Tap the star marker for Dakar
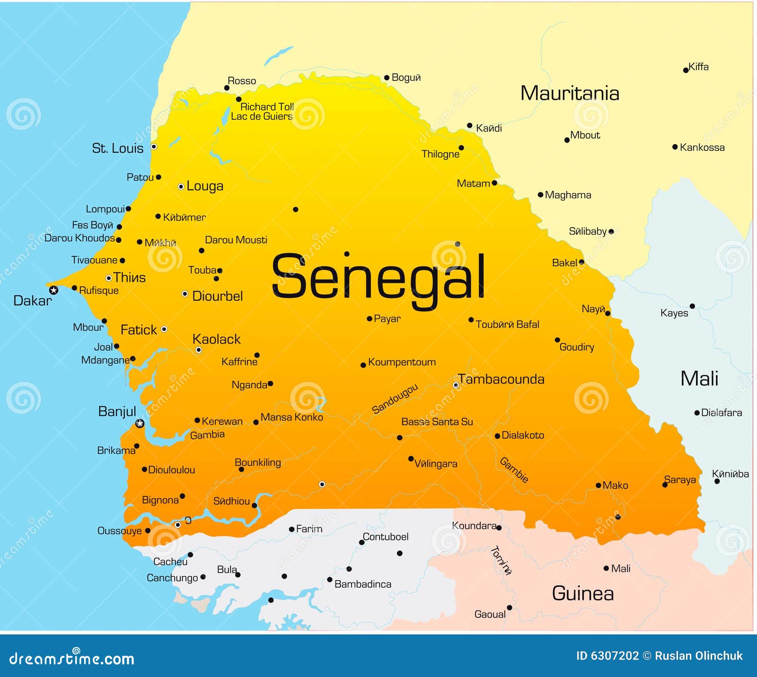click(54, 290)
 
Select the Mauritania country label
click(570, 93)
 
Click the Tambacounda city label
click(501, 379)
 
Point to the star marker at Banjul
click(140, 423)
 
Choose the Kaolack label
click(216, 339)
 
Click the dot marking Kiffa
click(686, 70)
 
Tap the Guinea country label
click(582, 593)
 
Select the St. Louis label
click(117, 148)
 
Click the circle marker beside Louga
click(181, 187)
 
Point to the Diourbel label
click(217, 296)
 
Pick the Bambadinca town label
click(362, 584)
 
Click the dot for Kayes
click(692, 306)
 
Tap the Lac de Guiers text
click(262, 116)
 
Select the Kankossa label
click(702, 148)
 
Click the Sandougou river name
click(395, 399)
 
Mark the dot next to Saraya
click(665, 485)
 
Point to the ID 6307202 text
click(607, 656)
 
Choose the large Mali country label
click(699, 378)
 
